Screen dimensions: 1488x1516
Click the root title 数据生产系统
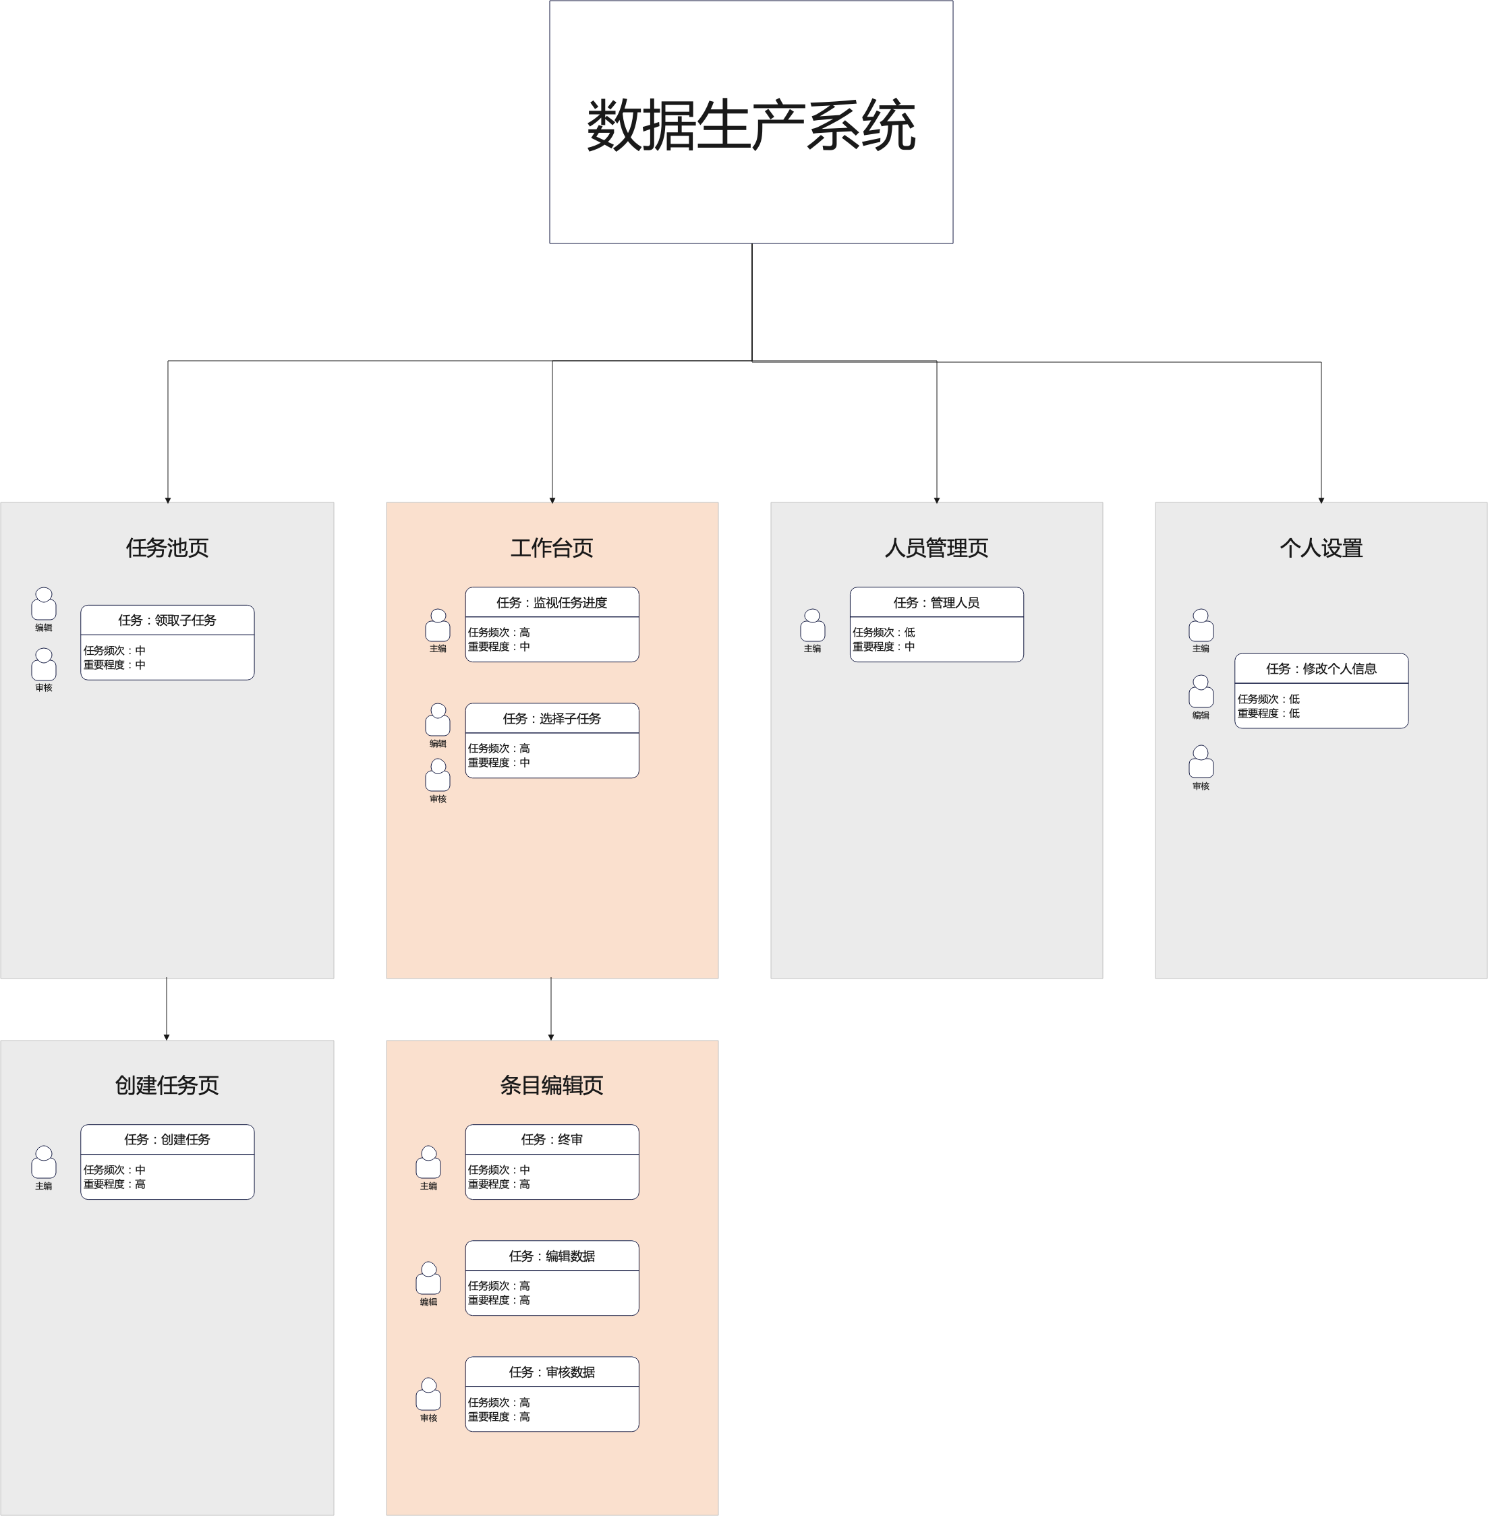pyautogui.click(x=751, y=125)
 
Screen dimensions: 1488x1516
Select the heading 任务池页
pyautogui.click(x=167, y=548)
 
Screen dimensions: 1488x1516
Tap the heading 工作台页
pyautogui.click(x=552, y=548)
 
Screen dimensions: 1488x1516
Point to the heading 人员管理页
pyautogui.click(x=936, y=548)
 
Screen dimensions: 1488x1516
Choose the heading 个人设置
pyautogui.click(x=1321, y=548)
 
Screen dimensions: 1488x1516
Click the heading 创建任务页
pyautogui.click(x=167, y=1086)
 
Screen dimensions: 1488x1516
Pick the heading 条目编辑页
pyautogui.click(x=552, y=1086)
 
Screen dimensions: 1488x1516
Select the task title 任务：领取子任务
pyautogui.click(x=167, y=620)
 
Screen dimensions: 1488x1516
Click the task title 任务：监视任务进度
pyautogui.click(x=552, y=602)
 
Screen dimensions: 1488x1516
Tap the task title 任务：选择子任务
pyautogui.click(x=552, y=719)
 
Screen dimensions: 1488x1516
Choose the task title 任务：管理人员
pyautogui.click(x=936, y=602)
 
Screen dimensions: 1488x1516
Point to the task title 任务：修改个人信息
pyautogui.click(x=1321, y=669)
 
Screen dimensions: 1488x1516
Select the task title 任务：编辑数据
pyautogui.click(x=552, y=1256)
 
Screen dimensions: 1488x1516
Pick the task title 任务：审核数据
pyautogui.click(x=552, y=1372)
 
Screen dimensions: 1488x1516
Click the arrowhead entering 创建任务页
pyautogui.click(x=167, y=1037)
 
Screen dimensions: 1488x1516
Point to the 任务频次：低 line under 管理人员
pyautogui.click(x=884, y=632)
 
